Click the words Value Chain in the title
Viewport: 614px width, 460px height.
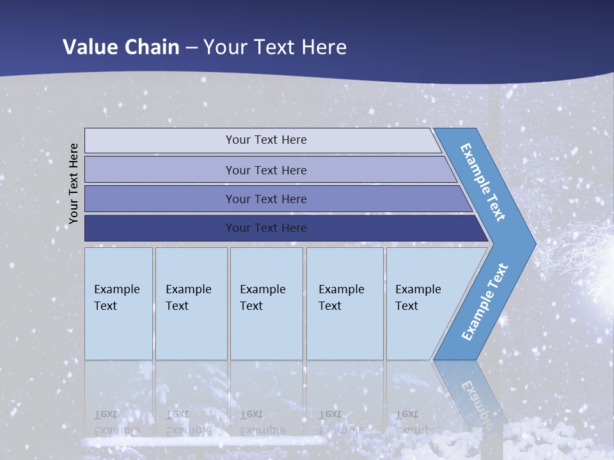tap(121, 47)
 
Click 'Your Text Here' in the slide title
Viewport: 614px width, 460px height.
tap(275, 47)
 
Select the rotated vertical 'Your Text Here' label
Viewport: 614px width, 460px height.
tap(74, 183)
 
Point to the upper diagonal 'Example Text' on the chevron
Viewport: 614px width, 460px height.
tap(483, 182)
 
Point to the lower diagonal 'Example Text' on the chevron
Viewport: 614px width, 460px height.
tap(484, 302)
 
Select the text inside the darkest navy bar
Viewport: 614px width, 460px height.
tap(266, 228)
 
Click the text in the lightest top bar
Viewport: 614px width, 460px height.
tap(266, 140)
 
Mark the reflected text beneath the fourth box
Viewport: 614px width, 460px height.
tap(341, 422)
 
